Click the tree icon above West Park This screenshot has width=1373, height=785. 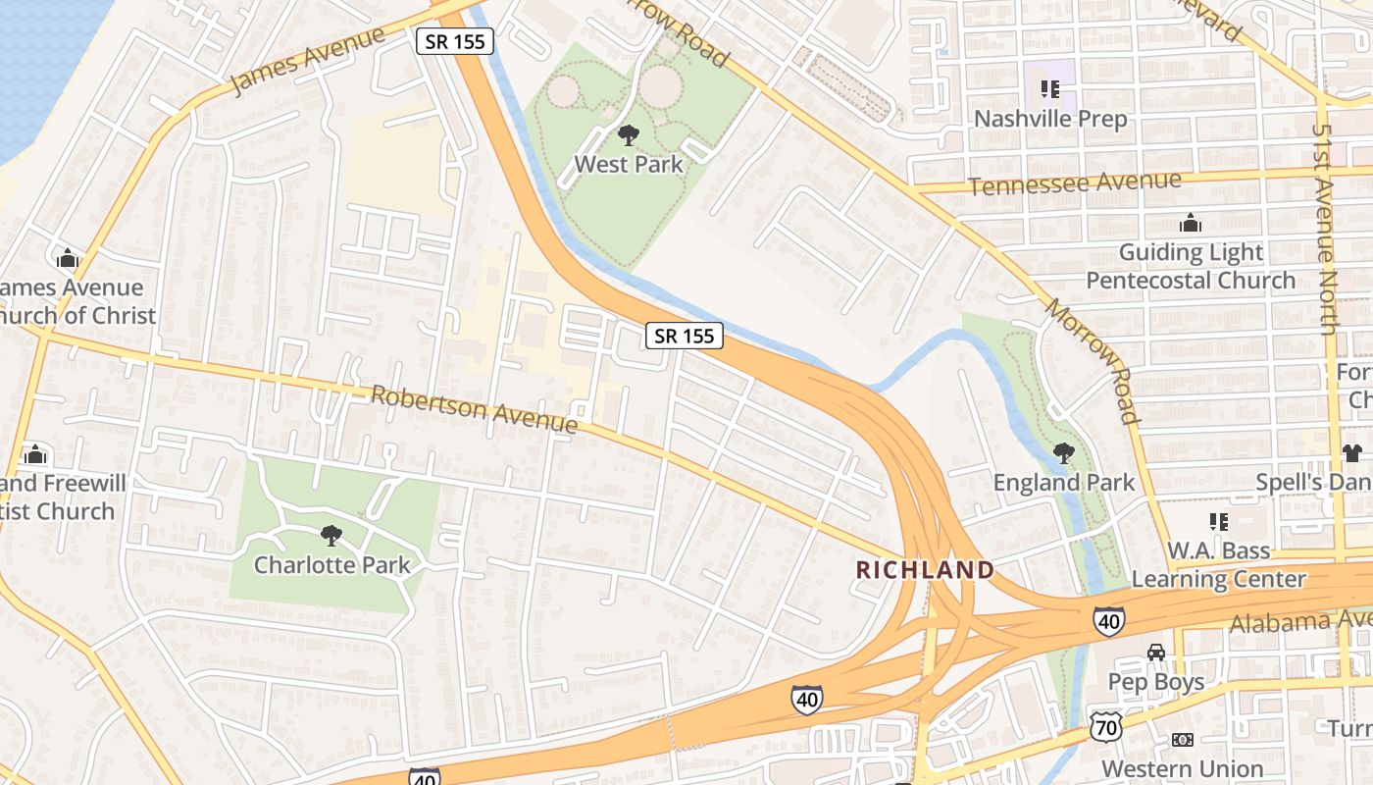click(629, 135)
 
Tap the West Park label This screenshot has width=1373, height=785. click(629, 164)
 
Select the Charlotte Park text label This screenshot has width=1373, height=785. click(331, 565)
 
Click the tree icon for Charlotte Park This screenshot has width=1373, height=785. click(331, 536)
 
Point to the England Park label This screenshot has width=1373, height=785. click(1064, 483)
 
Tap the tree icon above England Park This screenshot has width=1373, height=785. click(1063, 453)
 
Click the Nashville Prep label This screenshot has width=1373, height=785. click(1050, 119)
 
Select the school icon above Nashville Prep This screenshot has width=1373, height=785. click(1050, 90)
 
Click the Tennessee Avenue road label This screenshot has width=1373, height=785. click(1074, 183)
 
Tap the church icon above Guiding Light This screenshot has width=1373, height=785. click(1191, 224)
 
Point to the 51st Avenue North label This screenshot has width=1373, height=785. click(1325, 230)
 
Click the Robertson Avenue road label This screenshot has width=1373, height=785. click(474, 408)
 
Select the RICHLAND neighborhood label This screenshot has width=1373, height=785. click(925, 570)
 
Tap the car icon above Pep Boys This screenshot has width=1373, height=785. click(1156, 653)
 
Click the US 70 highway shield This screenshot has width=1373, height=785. click(1104, 727)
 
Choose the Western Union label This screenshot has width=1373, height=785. click(1183, 768)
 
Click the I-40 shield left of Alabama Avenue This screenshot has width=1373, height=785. click(1108, 620)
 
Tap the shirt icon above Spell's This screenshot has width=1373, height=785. click(1352, 453)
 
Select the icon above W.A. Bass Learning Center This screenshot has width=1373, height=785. click(1219, 522)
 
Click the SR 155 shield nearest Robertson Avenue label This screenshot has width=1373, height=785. click(685, 336)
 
